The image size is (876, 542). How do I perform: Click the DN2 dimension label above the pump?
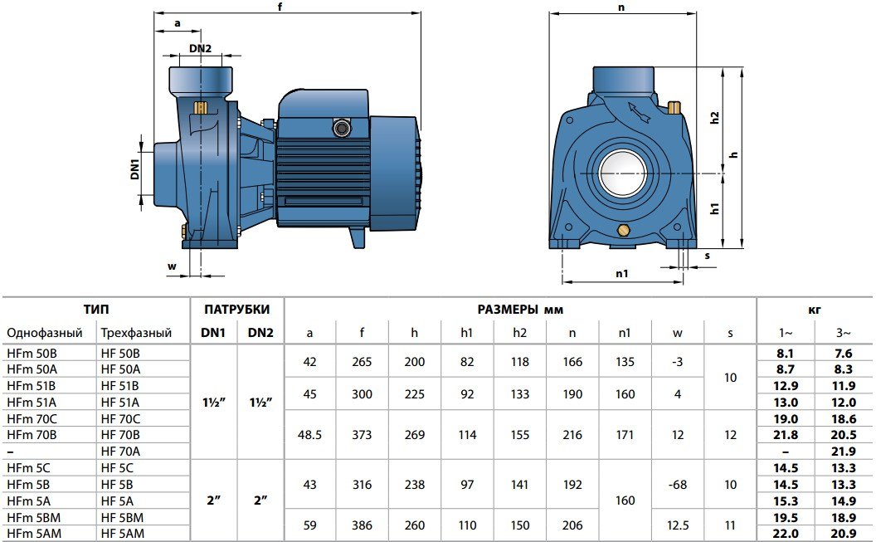pyautogui.click(x=200, y=48)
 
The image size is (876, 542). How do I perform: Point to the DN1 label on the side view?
pyautogui.click(x=134, y=168)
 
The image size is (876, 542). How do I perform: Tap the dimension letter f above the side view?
pyautogui.click(x=280, y=7)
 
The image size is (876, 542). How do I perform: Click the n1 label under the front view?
pyautogui.click(x=622, y=273)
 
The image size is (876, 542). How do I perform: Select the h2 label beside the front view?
pyautogui.click(x=714, y=117)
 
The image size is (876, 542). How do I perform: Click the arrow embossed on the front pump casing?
pyautogui.click(x=639, y=112)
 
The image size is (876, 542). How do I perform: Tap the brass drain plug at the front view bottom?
pyautogui.click(x=623, y=230)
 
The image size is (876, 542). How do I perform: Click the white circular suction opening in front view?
pyautogui.click(x=623, y=173)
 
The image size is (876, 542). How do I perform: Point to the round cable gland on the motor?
pyautogui.click(x=340, y=128)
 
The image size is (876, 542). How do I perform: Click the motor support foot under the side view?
pyautogui.click(x=358, y=237)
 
